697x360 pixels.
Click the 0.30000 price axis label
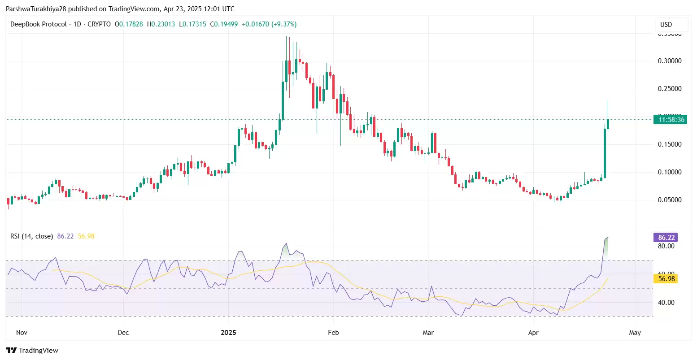(669, 61)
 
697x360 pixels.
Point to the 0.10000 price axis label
(669, 172)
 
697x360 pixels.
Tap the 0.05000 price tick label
(669, 200)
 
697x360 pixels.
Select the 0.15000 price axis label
(669, 144)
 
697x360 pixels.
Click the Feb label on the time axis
(333, 333)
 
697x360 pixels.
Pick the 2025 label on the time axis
(229, 333)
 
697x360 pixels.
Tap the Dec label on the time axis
(123, 333)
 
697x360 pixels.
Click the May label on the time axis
(635, 333)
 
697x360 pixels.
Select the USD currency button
(666, 24)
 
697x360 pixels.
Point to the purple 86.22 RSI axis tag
(666, 237)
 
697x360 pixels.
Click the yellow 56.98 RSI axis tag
(666, 278)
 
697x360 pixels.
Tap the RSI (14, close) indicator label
(31, 236)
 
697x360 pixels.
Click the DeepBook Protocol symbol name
(38, 24)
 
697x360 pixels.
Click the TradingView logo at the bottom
(32, 350)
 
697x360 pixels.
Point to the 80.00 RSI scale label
(666, 246)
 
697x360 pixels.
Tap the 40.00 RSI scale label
(666, 303)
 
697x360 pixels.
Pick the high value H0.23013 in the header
(161, 24)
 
